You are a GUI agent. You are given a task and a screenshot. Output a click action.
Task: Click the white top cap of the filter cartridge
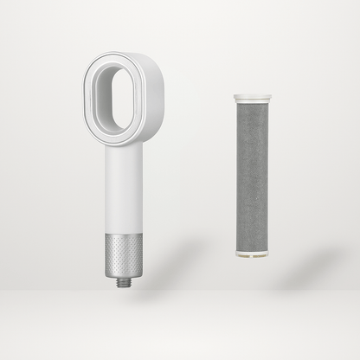[x=252, y=99]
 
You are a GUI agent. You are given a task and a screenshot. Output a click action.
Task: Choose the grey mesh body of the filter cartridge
[x=253, y=177]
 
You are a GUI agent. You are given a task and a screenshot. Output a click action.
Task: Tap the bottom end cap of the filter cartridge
[x=253, y=254]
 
